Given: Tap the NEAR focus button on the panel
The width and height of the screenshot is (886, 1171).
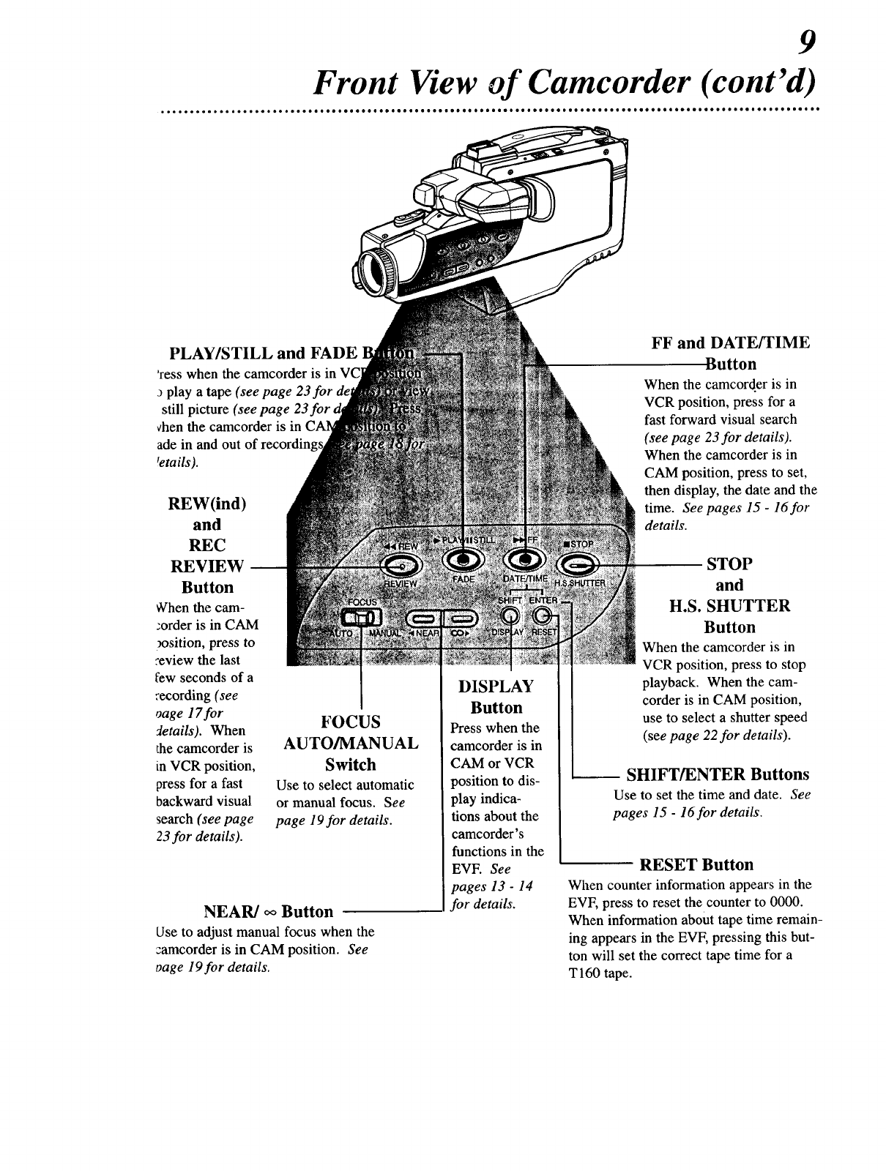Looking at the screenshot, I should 424,616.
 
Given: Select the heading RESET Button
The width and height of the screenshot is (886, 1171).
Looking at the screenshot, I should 696,865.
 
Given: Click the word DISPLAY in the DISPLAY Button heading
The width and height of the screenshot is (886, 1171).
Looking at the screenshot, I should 496,686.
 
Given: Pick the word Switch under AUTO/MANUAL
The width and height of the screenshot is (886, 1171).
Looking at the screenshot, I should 350,765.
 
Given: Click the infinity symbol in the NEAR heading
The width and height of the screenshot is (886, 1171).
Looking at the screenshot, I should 270,911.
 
